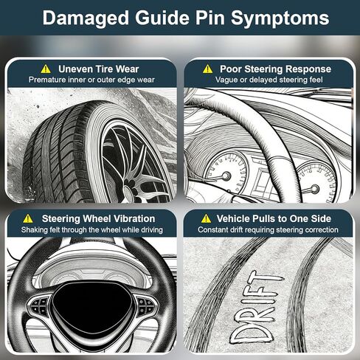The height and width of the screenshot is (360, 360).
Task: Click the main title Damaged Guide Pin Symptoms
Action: pyautogui.click(x=186, y=18)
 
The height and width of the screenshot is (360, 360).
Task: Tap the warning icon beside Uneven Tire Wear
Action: pyautogui.click(x=46, y=69)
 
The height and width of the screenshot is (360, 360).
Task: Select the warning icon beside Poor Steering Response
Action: pyautogui.click(x=207, y=69)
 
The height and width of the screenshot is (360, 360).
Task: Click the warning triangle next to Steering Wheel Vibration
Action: pyautogui.click(x=28, y=218)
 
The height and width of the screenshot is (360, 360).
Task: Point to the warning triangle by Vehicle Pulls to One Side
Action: pyautogui.click(x=206, y=218)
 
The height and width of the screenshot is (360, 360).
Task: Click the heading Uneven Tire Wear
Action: pyautogui.click(x=99, y=69)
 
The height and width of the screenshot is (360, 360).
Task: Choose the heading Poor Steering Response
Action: pyautogui.click(x=275, y=69)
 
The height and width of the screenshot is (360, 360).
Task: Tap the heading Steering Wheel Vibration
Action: pyautogui.click(x=98, y=218)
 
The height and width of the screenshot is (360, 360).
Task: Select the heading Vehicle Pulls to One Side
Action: pyautogui.click(x=274, y=218)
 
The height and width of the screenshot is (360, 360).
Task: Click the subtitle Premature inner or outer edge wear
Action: pyautogui.click(x=91, y=80)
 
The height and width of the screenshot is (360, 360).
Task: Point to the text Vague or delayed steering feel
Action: pyautogui.click(x=269, y=80)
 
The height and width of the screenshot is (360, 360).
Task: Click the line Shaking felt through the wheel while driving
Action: pyautogui.click(x=92, y=230)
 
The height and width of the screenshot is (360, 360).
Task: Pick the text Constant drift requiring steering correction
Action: pyautogui.click(x=268, y=230)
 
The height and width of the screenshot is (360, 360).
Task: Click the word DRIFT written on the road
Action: pyautogui.click(x=256, y=308)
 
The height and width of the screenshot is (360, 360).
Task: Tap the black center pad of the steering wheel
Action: pyautogui.click(x=91, y=308)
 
